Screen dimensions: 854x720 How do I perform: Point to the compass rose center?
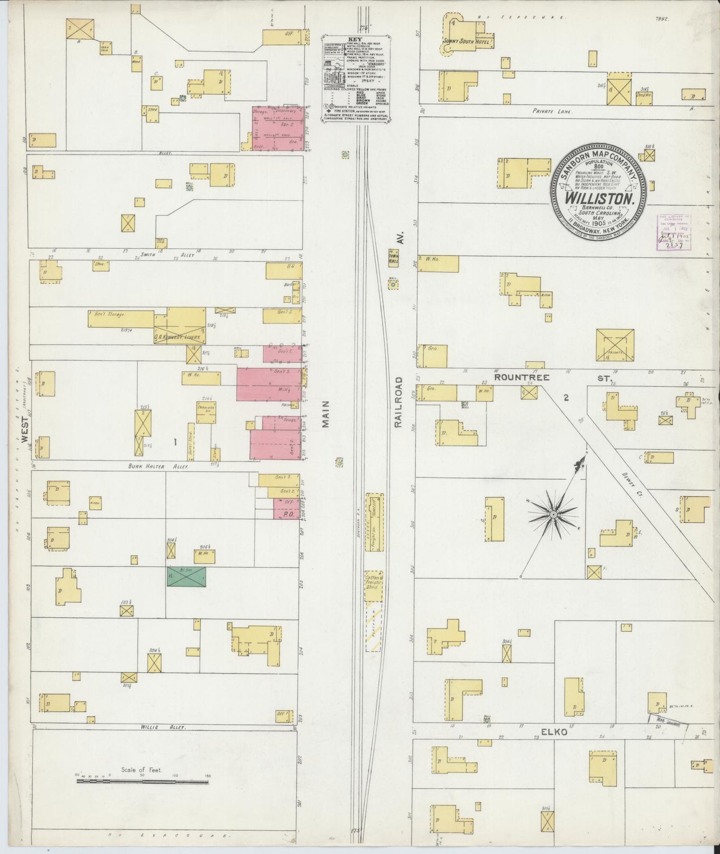point(553,514)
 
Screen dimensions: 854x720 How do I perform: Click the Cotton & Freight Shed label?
point(374,581)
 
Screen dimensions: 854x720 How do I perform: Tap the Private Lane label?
point(553,112)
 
